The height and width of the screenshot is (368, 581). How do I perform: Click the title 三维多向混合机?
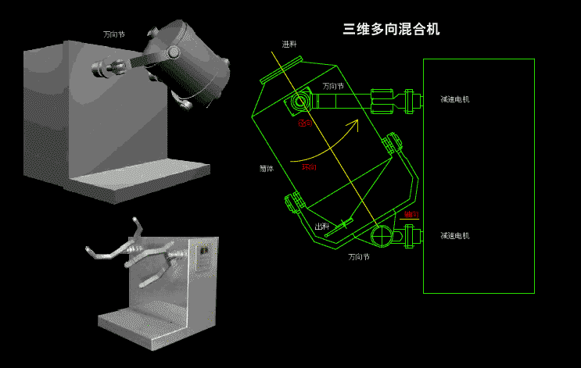point(391,30)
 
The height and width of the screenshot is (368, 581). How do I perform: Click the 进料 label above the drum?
point(289,45)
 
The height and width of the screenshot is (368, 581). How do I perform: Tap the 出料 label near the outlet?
point(321,227)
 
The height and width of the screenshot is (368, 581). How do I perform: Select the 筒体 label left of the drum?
point(267,168)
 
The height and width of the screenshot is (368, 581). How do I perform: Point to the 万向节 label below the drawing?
point(359,256)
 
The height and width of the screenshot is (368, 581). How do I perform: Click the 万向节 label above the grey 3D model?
point(114,34)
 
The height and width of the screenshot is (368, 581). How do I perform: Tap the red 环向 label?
point(309,167)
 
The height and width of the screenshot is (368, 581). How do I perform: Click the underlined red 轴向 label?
point(411,214)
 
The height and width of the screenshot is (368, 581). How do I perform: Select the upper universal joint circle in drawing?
point(300,102)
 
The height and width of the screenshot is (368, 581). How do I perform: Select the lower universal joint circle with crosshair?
point(381,234)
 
